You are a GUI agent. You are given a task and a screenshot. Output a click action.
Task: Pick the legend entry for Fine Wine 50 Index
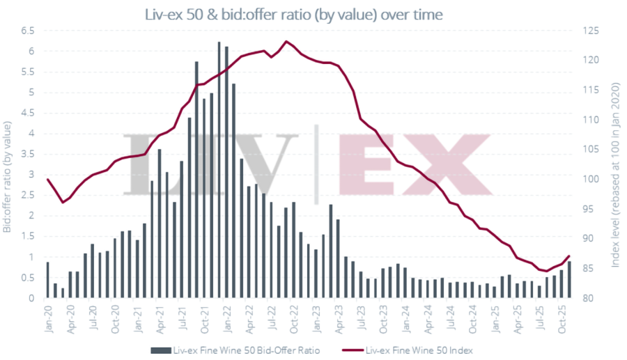(419, 350)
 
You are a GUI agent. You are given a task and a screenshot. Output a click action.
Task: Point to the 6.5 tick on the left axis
(28, 31)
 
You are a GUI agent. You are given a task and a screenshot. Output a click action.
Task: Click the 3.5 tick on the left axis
(28, 154)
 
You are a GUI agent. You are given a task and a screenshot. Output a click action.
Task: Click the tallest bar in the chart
(219, 171)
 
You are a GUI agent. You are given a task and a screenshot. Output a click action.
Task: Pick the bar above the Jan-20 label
(48, 281)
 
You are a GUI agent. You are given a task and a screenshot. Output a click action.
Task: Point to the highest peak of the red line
(286, 41)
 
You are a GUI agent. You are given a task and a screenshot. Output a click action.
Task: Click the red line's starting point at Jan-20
(48, 180)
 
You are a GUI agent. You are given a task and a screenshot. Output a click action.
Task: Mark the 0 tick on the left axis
(31, 298)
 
